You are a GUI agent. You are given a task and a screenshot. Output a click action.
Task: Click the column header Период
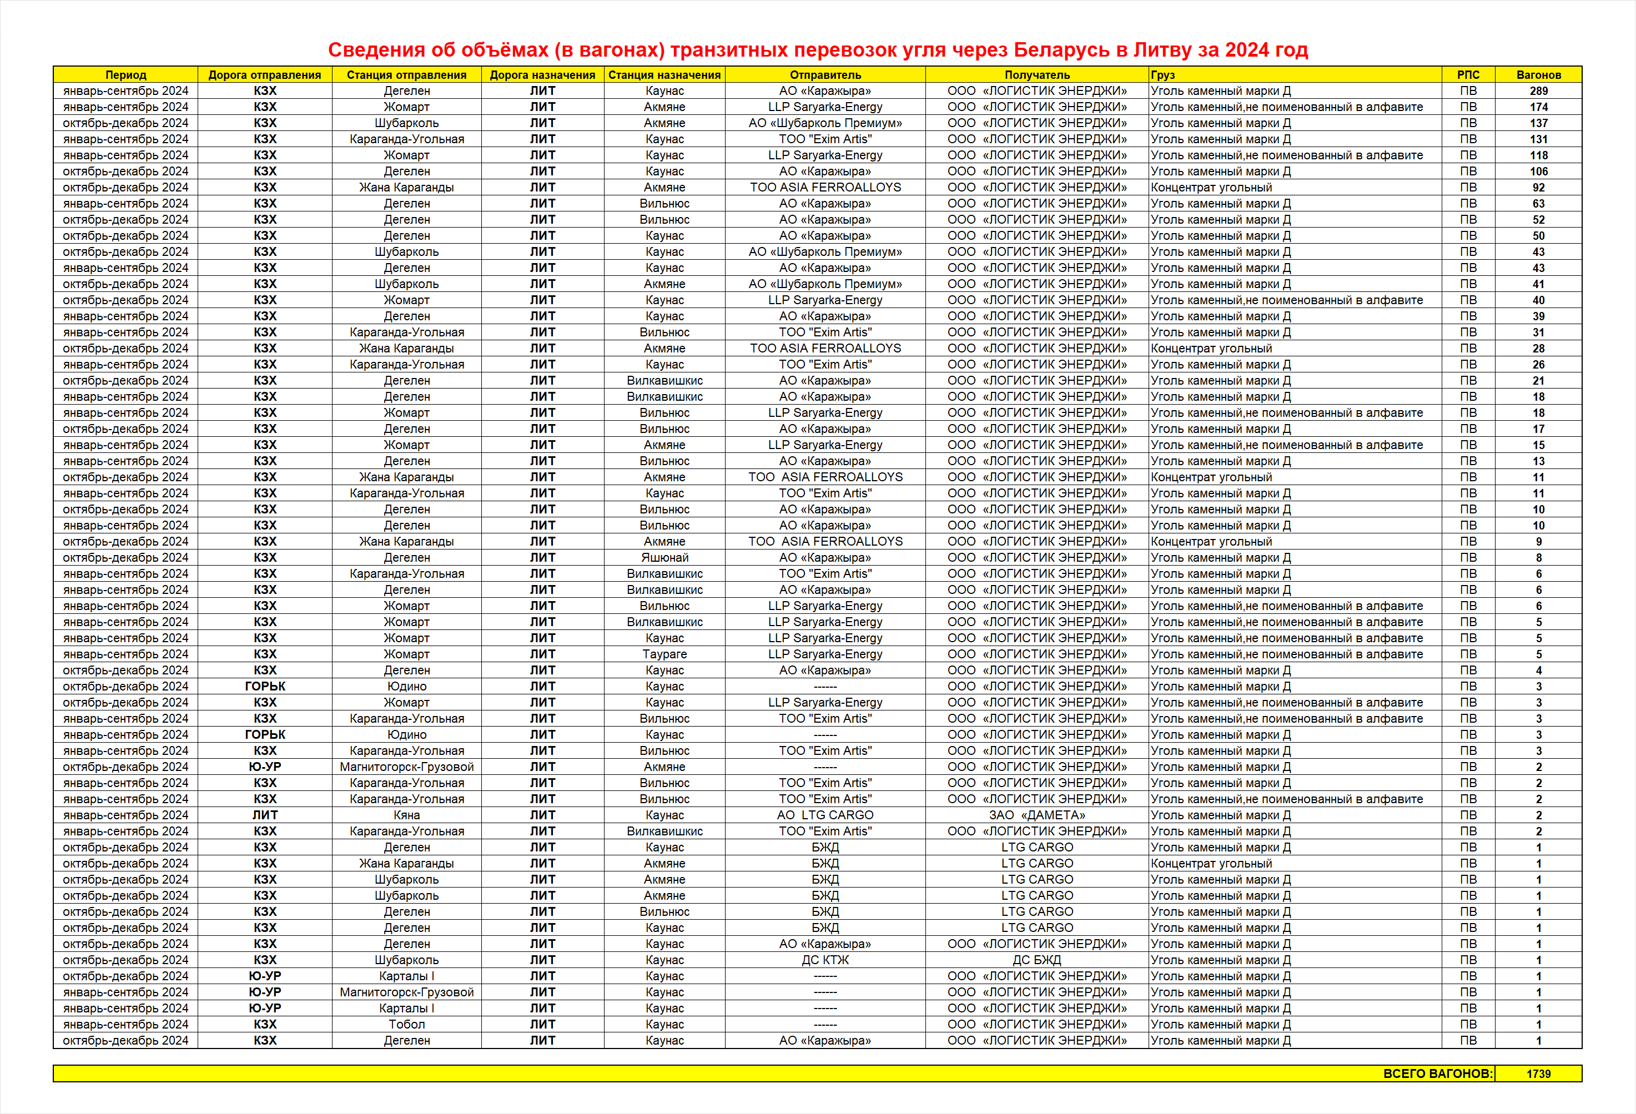125,74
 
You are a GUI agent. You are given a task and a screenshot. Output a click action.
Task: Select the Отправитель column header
825,74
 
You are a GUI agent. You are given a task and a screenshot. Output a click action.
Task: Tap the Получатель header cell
1036,74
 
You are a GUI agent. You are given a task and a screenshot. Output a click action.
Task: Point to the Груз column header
1163,74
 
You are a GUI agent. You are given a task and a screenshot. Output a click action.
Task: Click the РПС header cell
1468,74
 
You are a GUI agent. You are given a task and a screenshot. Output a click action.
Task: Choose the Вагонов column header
1538,74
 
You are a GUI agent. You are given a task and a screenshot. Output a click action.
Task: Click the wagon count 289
1538,91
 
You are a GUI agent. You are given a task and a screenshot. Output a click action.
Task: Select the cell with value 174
1538,107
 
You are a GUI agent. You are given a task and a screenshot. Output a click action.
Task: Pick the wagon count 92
1538,187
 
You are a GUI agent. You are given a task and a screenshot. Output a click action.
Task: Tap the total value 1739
1538,1073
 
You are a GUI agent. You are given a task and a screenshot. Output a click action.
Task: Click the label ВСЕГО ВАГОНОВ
1437,1073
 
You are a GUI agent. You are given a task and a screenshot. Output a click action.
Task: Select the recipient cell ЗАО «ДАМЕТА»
1036,815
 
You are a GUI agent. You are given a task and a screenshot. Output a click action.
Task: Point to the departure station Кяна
406,815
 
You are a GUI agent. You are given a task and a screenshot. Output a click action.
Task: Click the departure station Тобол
406,1024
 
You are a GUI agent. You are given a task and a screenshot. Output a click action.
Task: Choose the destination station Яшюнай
664,557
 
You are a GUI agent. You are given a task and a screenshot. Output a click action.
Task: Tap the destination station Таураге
664,654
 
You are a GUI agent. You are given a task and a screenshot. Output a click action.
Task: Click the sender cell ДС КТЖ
825,960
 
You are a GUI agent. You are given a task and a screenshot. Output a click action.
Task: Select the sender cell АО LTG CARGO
825,815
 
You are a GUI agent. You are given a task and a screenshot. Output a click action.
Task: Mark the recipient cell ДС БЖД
1036,960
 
